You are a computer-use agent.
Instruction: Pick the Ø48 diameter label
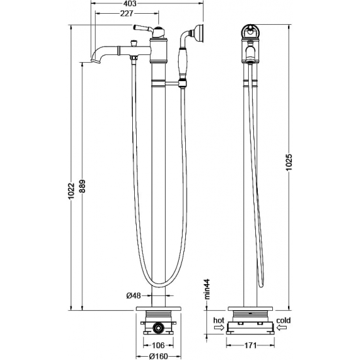(x=134, y=295)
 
